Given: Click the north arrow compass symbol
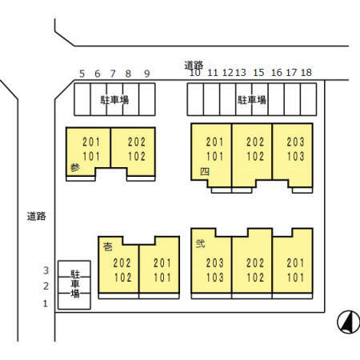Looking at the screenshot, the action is click(x=349, y=322).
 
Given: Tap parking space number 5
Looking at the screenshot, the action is click(x=82, y=74).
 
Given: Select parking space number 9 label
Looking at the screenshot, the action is click(x=147, y=74).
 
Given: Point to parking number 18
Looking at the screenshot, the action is click(x=306, y=72).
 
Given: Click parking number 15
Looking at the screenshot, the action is click(x=258, y=72).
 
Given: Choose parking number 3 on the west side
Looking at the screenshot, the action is click(x=46, y=270).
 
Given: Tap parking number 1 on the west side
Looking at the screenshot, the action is click(x=46, y=303).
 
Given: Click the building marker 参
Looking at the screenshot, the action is click(x=75, y=167).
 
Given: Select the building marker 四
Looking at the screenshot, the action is click(x=205, y=171).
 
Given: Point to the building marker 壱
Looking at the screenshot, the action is click(x=108, y=246).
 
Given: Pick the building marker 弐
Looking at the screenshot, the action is click(x=200, y=244).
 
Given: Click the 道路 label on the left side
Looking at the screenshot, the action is click(x=36, y=216).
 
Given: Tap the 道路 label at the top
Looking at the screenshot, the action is click(x=194, y=65).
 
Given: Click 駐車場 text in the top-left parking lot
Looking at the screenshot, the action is click(x=114, y=100).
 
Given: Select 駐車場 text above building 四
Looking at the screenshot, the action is click(x=252, y=100).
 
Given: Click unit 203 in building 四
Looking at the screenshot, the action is click(x=295, y=142).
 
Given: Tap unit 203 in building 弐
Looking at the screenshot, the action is click(x=214, y=263).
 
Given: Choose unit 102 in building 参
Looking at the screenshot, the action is click(x=137, y=156).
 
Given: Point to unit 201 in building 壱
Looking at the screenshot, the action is click(x=162, y=263).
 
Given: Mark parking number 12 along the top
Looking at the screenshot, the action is click(x=227, y=72).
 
